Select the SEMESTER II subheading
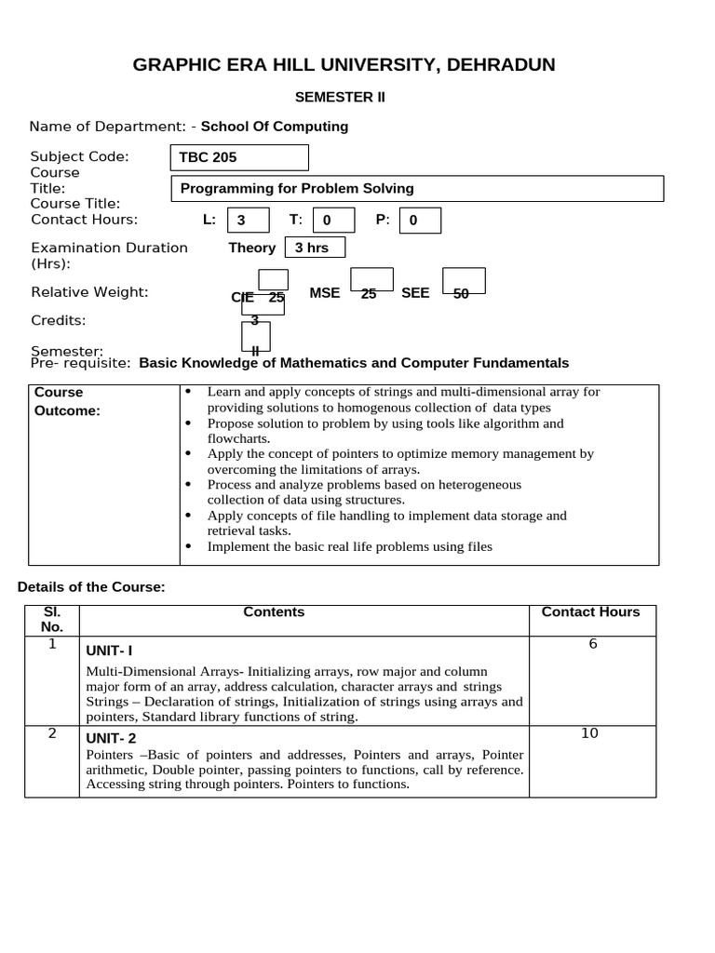340,97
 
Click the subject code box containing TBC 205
238,157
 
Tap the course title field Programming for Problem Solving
417,189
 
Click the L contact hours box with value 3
248,221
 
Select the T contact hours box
332,221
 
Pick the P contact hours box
419,221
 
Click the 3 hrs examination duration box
314,248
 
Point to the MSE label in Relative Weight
325,293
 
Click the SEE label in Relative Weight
415,293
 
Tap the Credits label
59,320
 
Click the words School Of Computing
275,127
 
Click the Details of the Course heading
91,586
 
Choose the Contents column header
274,611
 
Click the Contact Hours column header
590,611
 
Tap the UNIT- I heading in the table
115,650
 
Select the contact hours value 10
589,733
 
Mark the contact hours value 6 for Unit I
592,644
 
